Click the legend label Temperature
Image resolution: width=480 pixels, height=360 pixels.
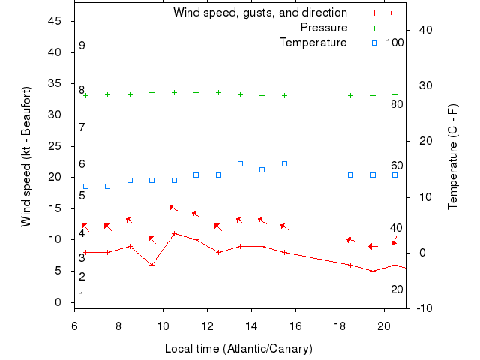[x=313, y=43]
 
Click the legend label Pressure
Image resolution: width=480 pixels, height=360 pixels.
[x=324, y=28]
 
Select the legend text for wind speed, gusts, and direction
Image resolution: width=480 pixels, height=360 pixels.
[x=260, y=13]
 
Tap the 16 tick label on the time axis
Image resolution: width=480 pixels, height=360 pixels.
[x=296, y=325]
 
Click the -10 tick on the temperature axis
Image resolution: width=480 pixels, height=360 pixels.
[x=423, y=308]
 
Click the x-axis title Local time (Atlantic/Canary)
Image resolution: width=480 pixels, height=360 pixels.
[x=238, y=349]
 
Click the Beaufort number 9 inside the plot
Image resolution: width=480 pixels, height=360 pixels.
[x=82, y=46]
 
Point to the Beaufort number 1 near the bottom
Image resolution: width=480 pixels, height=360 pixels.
[x=82, y=295]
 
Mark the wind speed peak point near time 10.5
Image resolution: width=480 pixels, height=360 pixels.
[x=174, y=233]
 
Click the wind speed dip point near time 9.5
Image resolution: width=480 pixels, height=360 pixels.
[x=151, y=265]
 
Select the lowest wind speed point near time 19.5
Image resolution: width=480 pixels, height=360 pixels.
[x=373, y=271]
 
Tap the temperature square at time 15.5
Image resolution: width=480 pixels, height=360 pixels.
[x=284, y=163]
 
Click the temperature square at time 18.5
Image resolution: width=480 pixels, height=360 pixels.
[x=350, y=175]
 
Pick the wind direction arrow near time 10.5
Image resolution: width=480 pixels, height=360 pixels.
[x=174, y=208]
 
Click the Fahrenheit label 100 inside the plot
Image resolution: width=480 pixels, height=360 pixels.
[x=394, y=43]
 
